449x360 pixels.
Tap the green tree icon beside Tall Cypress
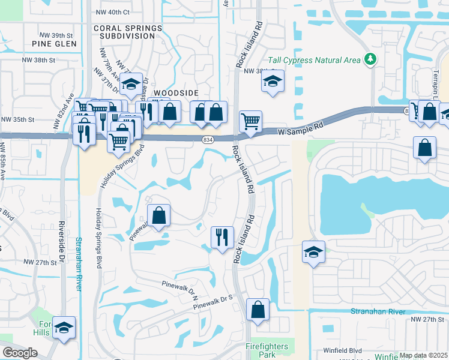(371, 59)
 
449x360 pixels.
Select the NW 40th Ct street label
(112, 11)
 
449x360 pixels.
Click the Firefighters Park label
(267, 350)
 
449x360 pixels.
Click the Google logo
(20, 353)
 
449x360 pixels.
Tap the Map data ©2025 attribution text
(423, 355)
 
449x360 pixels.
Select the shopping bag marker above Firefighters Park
(258, 310)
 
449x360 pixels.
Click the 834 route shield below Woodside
(206, 139)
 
